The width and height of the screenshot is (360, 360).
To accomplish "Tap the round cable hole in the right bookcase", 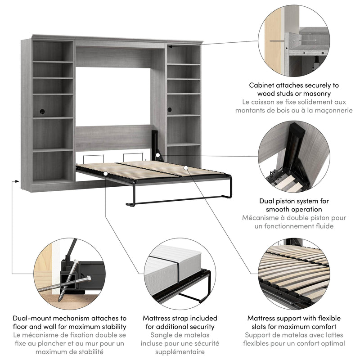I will (x=170, y=110).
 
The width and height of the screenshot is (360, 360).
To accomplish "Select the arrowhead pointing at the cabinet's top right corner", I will (x=171, y=44).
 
